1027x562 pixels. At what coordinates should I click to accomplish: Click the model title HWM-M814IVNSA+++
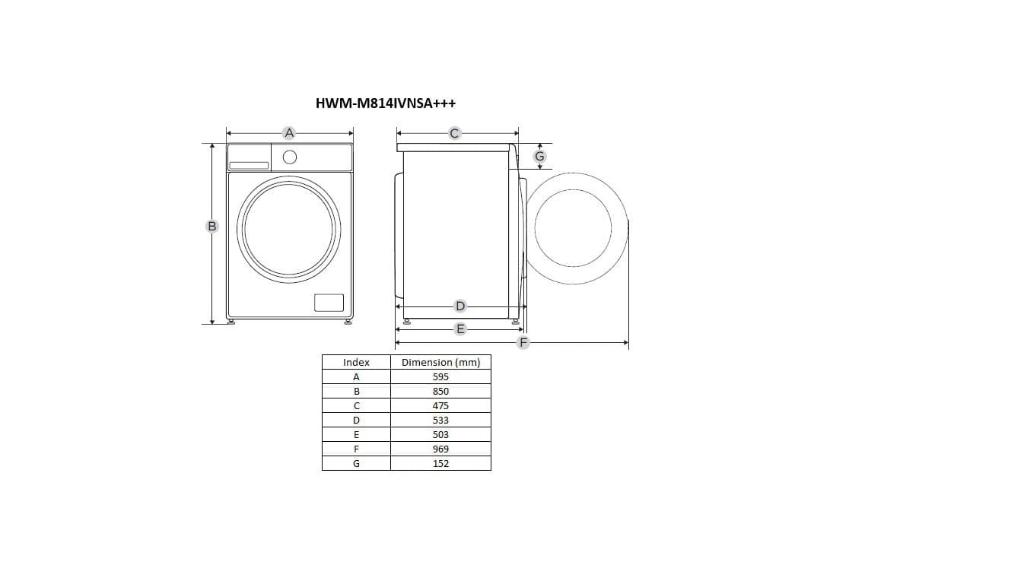[386, 103]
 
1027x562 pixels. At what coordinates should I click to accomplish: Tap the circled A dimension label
[289, 133]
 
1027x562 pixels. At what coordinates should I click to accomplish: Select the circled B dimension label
[211, 226]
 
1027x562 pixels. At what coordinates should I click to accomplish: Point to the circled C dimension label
[454, 133]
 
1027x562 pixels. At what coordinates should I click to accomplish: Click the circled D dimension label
[459, 306]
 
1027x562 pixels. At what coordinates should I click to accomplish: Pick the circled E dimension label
[459, 329]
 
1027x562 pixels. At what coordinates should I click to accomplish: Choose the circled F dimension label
[523, 342]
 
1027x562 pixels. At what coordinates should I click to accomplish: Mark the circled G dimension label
[539, 157]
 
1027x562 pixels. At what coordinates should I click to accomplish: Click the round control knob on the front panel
[290, 157]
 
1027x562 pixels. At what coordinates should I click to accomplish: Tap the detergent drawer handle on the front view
[249, 166]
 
